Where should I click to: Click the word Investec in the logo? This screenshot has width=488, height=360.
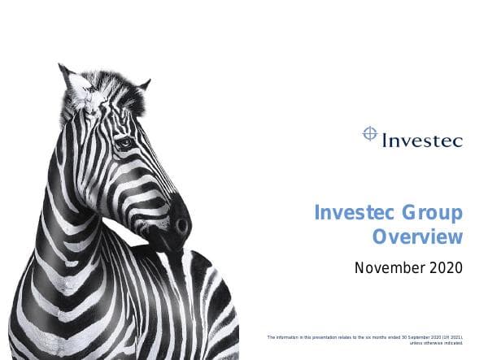422,140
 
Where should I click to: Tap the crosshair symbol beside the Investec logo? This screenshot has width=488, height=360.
370,132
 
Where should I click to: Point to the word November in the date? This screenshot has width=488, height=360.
381,267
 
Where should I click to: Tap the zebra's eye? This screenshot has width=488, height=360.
124,143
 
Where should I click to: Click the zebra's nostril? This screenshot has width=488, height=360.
181,223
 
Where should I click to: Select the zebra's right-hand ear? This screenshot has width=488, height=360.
143,85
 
